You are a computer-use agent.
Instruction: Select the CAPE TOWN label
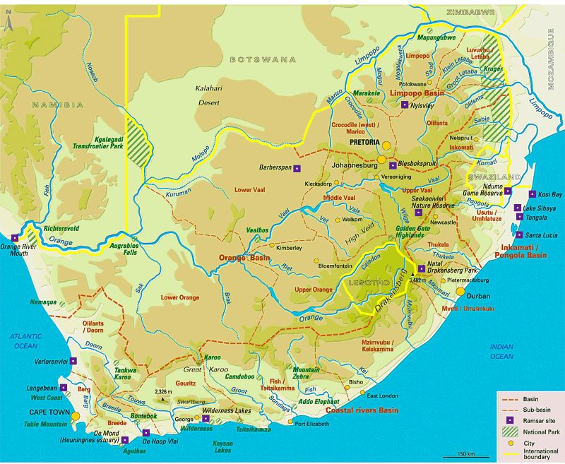pyautogui.click(x=47, y=412)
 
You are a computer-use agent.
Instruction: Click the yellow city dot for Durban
pyautogui.click(x=460, y=290)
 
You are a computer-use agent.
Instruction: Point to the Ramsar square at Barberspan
pyautogui.click(x=297, y=168)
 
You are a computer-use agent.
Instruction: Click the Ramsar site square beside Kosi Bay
pyautogui.click(x=531, y=194)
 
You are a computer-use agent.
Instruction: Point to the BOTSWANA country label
pyautogui.click(x=263, y=60)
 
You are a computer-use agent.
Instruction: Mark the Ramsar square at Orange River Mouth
pyautogui.click(x=14, y=239)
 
